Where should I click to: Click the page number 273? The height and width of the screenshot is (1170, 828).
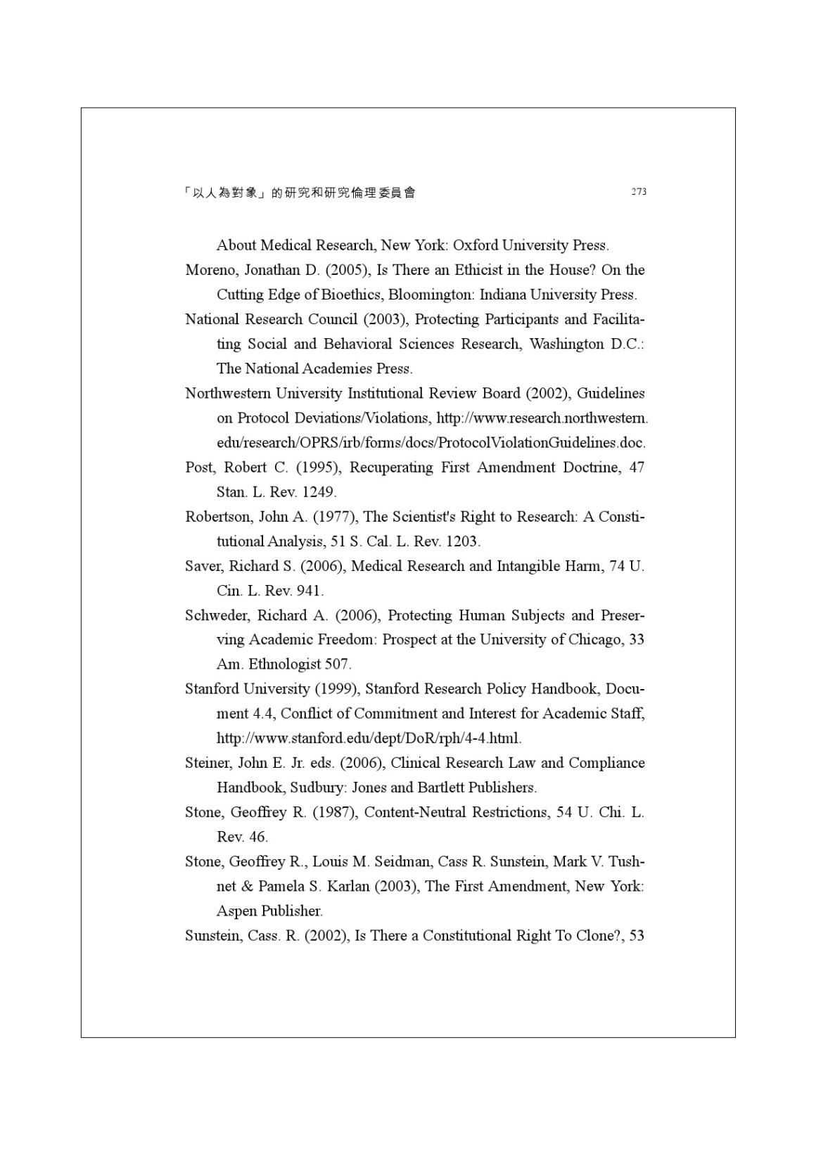638,191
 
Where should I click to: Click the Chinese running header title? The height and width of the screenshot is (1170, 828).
299,193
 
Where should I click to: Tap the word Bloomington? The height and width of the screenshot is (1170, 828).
430,295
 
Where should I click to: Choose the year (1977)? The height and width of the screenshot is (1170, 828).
334,517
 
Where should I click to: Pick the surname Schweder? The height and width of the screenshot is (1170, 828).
217,615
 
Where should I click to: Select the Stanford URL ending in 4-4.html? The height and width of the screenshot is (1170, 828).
369,738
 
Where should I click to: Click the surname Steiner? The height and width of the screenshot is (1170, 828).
207,763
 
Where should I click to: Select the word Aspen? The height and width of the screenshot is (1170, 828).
236,911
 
